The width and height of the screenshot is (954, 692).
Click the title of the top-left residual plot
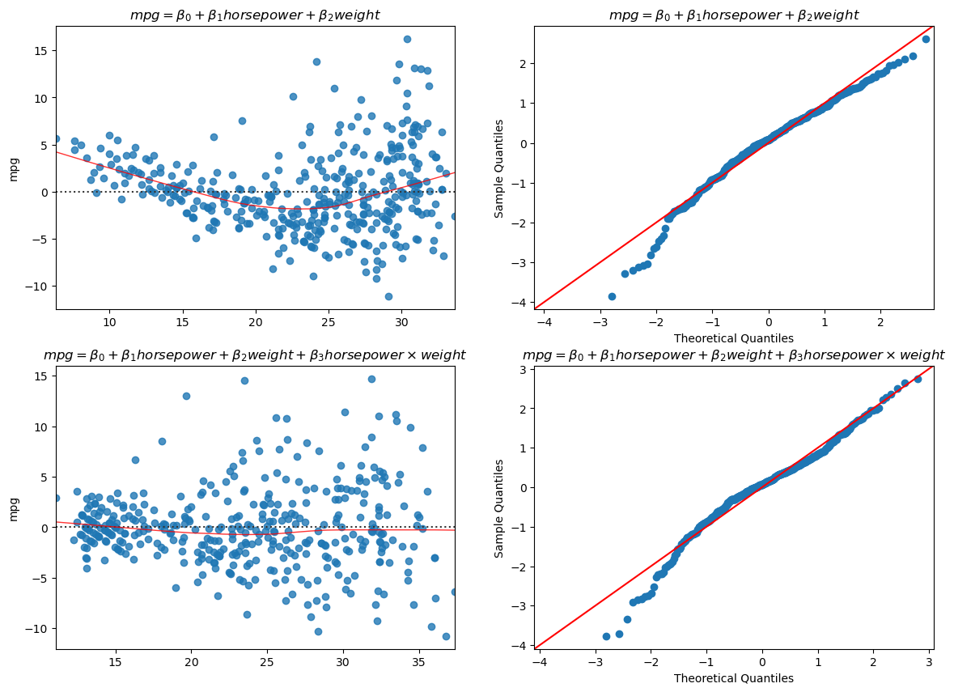[x=255, y=15]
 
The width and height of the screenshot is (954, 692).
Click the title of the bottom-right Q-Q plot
[x=733, y=355]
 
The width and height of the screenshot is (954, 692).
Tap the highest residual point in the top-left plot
[x=407, y=39]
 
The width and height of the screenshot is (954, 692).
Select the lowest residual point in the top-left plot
[x=388, y=296]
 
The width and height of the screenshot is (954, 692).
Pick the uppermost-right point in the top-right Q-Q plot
[x=926, y=39]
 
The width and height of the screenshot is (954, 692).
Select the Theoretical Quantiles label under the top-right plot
[x=733, y=338]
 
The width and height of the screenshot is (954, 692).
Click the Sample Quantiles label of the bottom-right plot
[x=499, y=508]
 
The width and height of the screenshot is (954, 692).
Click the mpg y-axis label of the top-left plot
[x=14, y=168]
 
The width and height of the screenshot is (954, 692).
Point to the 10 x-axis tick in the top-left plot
[x=109, y=321]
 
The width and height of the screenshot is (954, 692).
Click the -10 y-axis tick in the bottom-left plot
[x=36, y=628]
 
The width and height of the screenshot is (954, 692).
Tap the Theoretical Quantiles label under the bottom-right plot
[x=733, y=678]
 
